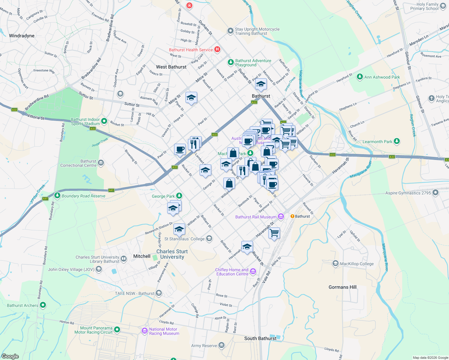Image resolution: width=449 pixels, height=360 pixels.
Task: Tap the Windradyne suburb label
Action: (x=22, y=36)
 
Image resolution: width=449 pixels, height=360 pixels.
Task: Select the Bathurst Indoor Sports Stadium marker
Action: (x=104, y=121)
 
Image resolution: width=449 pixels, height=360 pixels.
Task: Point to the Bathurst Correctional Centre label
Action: (x=78, y=163)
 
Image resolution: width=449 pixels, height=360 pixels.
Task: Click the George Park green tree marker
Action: (x=179, y=196)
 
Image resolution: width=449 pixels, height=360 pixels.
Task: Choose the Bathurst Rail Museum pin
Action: (x=281, y=217)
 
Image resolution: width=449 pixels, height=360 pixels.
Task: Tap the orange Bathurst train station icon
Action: (x=292, y=216)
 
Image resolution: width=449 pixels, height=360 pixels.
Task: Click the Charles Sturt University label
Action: (x=172, y=254)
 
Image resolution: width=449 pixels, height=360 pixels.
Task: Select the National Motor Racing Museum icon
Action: (x=145, y=331)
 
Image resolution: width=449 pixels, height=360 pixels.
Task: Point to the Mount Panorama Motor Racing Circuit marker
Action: (x=117, y=330)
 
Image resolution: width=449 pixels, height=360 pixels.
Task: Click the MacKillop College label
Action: (x=357, y=264)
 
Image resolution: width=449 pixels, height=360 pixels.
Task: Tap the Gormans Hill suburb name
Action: (x=342, y=287)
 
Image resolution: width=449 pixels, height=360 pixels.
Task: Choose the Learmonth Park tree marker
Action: (x=397, y=141)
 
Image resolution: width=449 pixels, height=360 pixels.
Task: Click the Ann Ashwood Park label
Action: (x=382, y=77)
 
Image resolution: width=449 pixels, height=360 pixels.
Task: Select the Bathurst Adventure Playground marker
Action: (x=231, y=62)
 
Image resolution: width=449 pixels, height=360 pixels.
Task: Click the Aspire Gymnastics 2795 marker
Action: (x=436, y=193)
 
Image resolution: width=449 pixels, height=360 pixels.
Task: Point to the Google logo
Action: (x=10, y=356)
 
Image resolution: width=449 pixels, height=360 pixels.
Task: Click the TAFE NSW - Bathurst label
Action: (x=134, y=293)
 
